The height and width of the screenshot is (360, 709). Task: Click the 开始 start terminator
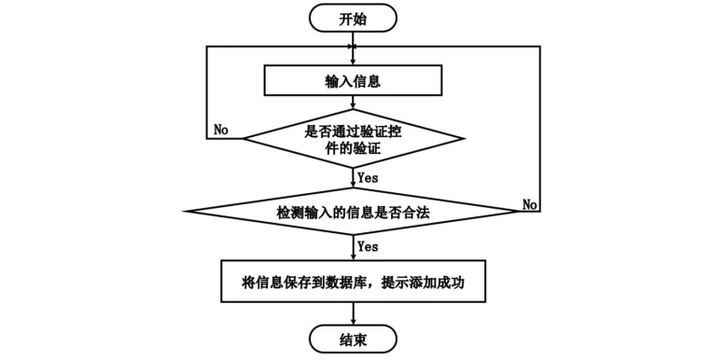tap(353, 18)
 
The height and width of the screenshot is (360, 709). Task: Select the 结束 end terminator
tap(353, 339)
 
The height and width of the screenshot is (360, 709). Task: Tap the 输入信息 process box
tap(353, 80)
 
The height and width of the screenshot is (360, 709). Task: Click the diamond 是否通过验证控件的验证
tap(353, 138)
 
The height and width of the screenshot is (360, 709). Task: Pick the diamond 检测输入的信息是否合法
tap(353, 211)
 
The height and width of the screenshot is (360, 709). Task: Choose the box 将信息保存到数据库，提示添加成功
tap(353, 282)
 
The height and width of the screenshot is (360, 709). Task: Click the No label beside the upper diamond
tap(221, 130)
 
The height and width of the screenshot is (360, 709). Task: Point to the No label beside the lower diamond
tap(530, 204)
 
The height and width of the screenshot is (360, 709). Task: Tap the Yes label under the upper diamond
tap(368, 178)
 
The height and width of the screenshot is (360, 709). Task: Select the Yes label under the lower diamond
tap(368, 246)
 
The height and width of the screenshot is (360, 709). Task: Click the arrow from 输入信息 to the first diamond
tap(353, 103)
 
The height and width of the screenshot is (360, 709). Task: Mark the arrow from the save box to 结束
tap(353, 314)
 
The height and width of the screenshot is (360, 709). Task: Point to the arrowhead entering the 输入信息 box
tap(353, 62)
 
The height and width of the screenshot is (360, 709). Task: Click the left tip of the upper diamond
tap(243, 138)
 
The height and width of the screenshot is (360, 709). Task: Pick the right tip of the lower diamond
tap(522, 211)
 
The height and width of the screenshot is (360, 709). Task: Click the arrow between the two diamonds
tap(353, 178)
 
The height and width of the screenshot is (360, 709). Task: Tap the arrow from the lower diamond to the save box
tap(353, 247)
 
